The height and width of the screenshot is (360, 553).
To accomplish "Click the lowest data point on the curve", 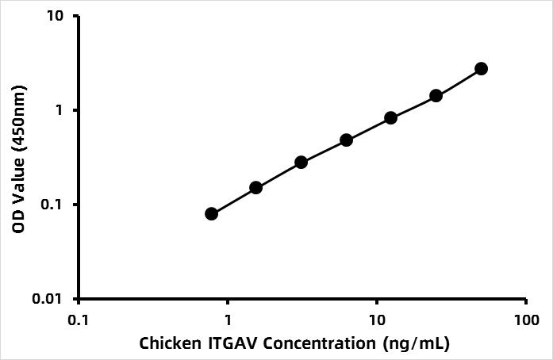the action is (x=211, y=213).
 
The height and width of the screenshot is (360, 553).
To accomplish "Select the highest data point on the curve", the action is (x=481, y=69).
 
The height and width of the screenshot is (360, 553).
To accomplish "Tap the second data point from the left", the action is (x=256, y=188).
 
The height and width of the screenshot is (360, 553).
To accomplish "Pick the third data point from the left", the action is (x=301, y=163).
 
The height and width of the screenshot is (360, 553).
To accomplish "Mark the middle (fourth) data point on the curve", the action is (x=347, y=140).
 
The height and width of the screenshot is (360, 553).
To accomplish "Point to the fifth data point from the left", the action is (x=391, y=118).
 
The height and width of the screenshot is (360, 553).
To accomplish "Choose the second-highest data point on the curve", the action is (x=436, y=96).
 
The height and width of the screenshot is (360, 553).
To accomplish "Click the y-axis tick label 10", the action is (x=57, y=16).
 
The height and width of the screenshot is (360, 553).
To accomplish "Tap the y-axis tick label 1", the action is (x=59, y=110).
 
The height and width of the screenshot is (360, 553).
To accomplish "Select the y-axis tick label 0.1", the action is (x=52, y=205).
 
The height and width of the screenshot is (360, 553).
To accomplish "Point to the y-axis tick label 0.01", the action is (x=47, y=299).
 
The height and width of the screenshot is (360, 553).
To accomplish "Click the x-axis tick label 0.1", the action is (x=79, y=320).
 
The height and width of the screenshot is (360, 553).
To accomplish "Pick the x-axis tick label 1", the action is (x=228, y=320).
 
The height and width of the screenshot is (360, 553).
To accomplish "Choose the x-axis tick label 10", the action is (x=377, y=320).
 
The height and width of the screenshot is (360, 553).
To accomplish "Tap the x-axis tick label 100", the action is (x=526, y=320).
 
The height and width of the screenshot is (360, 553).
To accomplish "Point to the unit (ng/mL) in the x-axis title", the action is (x=417, y=344).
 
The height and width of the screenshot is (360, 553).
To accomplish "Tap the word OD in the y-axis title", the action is (x=18, y=222).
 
